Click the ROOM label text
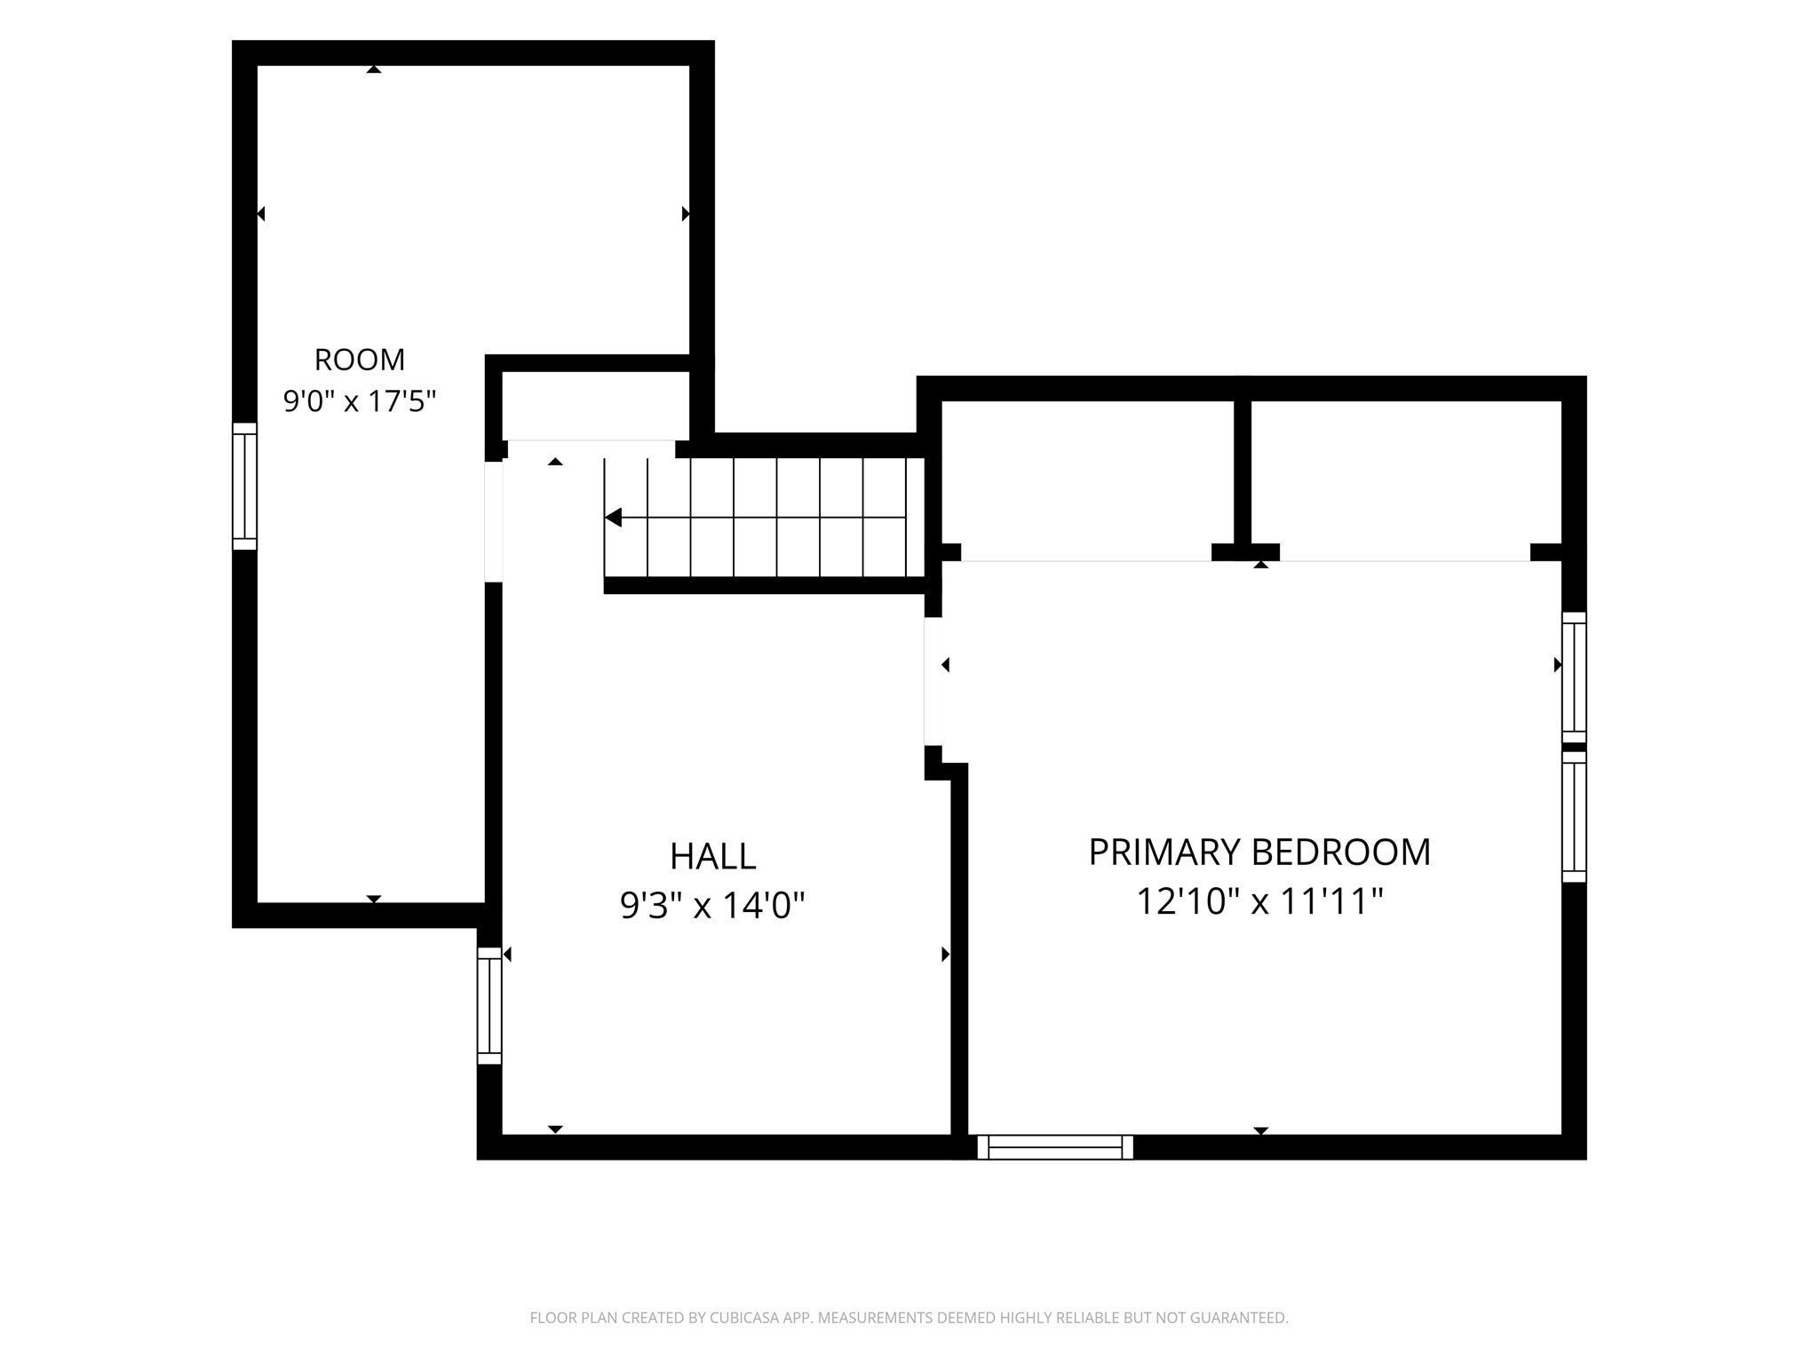(360, 360)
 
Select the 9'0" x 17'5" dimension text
(360, 402)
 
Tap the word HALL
(713, 857)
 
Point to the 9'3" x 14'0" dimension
(712, 907)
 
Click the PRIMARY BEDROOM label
(1259, 852)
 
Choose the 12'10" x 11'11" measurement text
(1260, 902)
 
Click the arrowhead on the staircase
(613, 518)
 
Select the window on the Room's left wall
(244, 487)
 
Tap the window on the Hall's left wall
(489, 1006)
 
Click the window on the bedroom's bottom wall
(1055, 1147)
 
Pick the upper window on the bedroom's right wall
(1574, 678)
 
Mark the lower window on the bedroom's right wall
(1574, 816)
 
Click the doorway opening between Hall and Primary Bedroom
(933, 681)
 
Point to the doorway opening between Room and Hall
(494, 521)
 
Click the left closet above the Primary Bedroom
(1088, 480)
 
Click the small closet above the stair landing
(596, 405)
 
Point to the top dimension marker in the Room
(374, 68)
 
